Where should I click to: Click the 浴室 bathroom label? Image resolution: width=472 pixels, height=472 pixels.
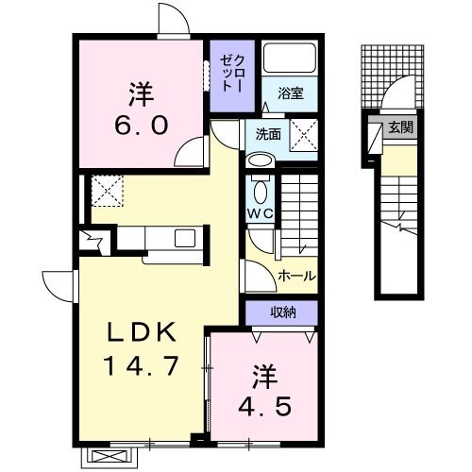click(x=290, y=93)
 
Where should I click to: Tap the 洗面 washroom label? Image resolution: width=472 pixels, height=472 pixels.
click(x=268, y=135)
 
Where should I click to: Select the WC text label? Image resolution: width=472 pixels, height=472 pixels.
click(x=260, y=214)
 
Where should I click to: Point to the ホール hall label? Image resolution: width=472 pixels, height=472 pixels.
click(x=296, y=277)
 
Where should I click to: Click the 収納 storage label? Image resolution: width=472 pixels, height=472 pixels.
click(x=283, y=312)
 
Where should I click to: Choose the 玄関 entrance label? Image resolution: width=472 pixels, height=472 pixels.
click(x=400, y=127)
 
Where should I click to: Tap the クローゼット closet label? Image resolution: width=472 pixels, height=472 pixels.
click(x=232, y=73)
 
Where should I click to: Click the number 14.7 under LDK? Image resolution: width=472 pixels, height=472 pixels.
click(x=142, y=366)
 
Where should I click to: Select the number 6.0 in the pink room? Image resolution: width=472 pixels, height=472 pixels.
click(x=142, y=126)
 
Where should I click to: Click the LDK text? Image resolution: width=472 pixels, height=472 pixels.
click(x=142, y=333)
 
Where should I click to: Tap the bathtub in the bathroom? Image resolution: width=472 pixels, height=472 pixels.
click(x=290, y=58)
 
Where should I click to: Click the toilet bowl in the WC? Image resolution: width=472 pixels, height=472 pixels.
click(x=261, y=192)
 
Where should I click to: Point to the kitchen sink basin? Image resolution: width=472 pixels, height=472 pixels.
click(x=185, y=238)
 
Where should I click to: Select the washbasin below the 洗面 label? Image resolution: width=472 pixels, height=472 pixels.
click(x=260, y=160)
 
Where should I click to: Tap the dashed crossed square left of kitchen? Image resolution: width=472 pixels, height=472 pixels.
click(x=107, y=191)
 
